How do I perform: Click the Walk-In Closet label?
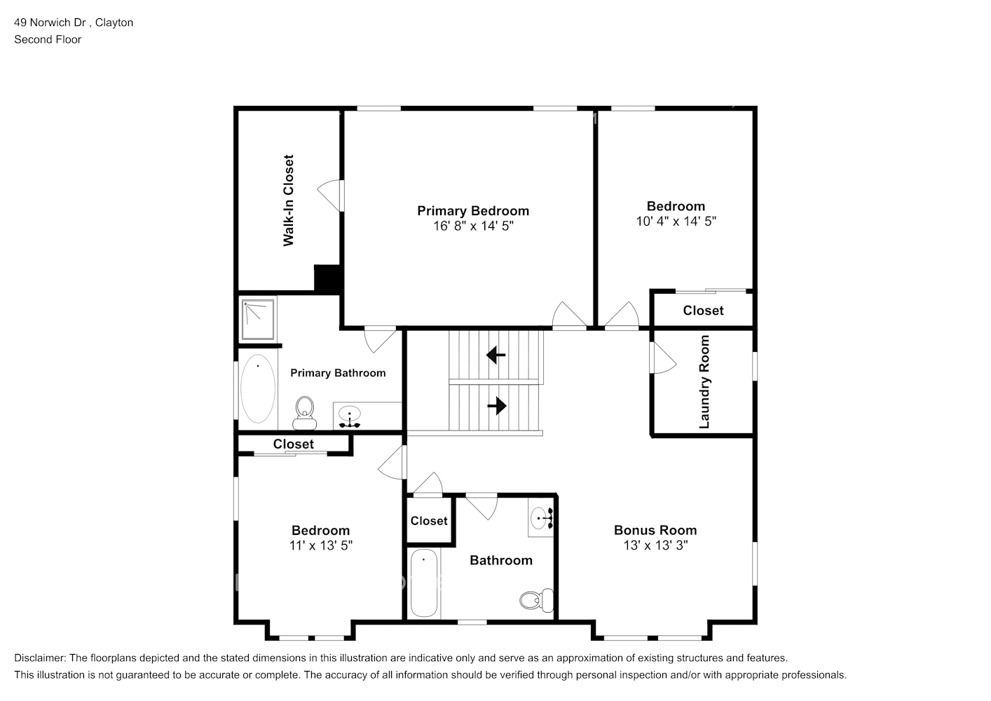[x=289, y=200]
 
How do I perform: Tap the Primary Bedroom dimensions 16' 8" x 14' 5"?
[x=473, y=226]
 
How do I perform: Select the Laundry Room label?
[x=704, y=381]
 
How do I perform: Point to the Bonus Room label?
[x=655, y=530]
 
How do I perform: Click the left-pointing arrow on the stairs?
[x=496, y=355]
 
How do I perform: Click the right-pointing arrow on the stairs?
[x=497, y=405]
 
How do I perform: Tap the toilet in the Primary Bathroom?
[x=304, y=413]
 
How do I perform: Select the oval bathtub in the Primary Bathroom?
[x=258, y=388]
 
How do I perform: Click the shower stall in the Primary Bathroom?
[x=258, y=319]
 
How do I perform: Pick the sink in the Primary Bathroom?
[x=350, y=416]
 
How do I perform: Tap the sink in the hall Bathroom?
[x=541, y=517]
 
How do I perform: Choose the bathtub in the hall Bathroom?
[x=424, y=583]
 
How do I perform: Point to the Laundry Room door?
[x=663, y=358]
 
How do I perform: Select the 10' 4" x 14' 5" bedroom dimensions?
[x=676, y=222]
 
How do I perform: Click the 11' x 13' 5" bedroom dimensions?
[x=321, y=545]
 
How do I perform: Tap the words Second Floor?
[x=48, y=39]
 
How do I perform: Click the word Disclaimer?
[x=40, y=658]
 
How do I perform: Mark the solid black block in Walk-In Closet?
[x=327, y=279]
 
